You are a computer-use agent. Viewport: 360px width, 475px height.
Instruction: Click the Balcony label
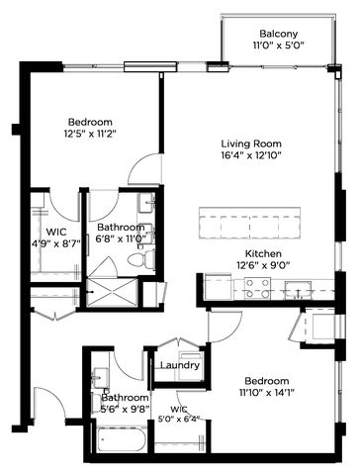coord(279,34)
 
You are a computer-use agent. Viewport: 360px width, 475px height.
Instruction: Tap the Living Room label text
coord(251,143)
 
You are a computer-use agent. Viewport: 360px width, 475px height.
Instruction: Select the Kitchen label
coord(263,253)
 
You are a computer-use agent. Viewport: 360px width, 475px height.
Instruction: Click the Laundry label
coord(180,365)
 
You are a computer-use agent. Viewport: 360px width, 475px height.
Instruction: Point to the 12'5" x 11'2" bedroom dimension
coord(90,134)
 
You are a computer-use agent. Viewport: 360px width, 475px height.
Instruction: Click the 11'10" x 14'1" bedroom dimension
coord(267,393)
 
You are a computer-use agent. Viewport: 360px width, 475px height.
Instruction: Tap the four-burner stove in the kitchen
coord(257,289)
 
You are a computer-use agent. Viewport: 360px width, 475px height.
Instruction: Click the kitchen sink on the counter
coord(298,290)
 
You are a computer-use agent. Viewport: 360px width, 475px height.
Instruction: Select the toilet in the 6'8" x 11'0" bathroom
coord(141,259)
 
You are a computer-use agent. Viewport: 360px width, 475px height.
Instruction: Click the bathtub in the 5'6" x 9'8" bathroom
coord(122,439)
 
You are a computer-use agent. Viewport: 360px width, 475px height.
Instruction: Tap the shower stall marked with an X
coord(112,293)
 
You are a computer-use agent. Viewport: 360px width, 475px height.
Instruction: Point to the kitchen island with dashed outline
coord(249,223)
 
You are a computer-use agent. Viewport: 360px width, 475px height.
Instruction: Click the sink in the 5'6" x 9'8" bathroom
coord(100,378)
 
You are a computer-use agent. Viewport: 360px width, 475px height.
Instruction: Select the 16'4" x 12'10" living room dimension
coord(251,155)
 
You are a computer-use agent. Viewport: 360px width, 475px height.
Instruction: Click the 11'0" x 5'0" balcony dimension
coord(279,46)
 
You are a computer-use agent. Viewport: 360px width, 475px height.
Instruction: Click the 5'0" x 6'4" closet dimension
coord(180,420)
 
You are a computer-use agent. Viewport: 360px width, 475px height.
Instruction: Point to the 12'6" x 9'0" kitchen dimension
coord(263,265)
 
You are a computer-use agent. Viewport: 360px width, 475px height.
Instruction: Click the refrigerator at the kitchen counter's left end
coord(218,286)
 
